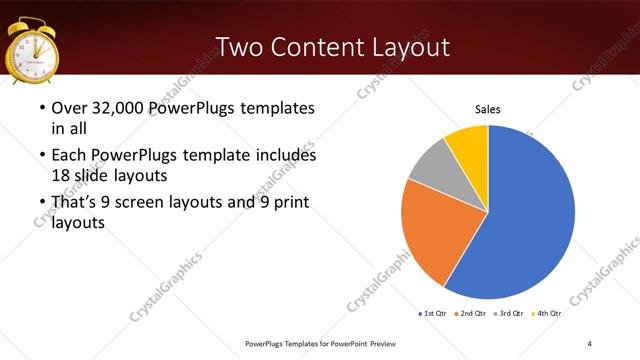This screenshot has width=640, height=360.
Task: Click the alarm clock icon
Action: (33, 51)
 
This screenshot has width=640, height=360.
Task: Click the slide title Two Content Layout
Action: (333, 48)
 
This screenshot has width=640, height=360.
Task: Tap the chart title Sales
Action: (487, 109)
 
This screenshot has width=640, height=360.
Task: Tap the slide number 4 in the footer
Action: (590, 344)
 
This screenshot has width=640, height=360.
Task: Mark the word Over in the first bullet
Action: (69, 108)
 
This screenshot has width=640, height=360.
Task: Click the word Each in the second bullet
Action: (69, 156)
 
